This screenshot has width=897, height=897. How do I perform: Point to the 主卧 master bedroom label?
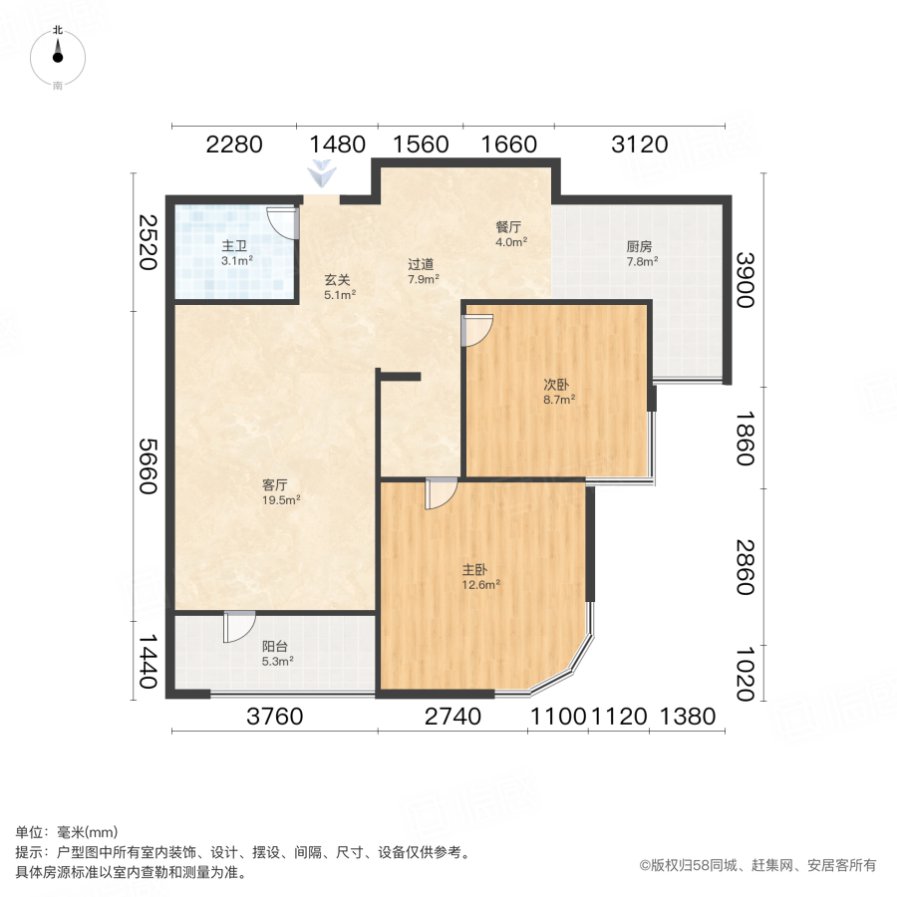click(475, 570)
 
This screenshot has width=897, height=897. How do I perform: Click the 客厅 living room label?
click(276, 485)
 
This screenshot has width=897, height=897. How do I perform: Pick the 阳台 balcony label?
click(276, 646)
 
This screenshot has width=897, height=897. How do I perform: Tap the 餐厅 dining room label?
click(510, 226)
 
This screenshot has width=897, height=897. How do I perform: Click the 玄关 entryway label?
click(337, 280)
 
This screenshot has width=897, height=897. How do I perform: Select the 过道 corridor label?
click(421, 264)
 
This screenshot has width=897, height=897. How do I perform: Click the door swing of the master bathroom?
click(282, 223)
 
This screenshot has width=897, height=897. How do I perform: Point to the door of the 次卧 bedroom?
click(476, 330)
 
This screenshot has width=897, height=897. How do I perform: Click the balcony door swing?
click(239, 626)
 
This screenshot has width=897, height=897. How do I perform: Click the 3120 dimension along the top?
click(639, 146)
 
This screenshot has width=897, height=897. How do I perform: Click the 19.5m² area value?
click(282, 501)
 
